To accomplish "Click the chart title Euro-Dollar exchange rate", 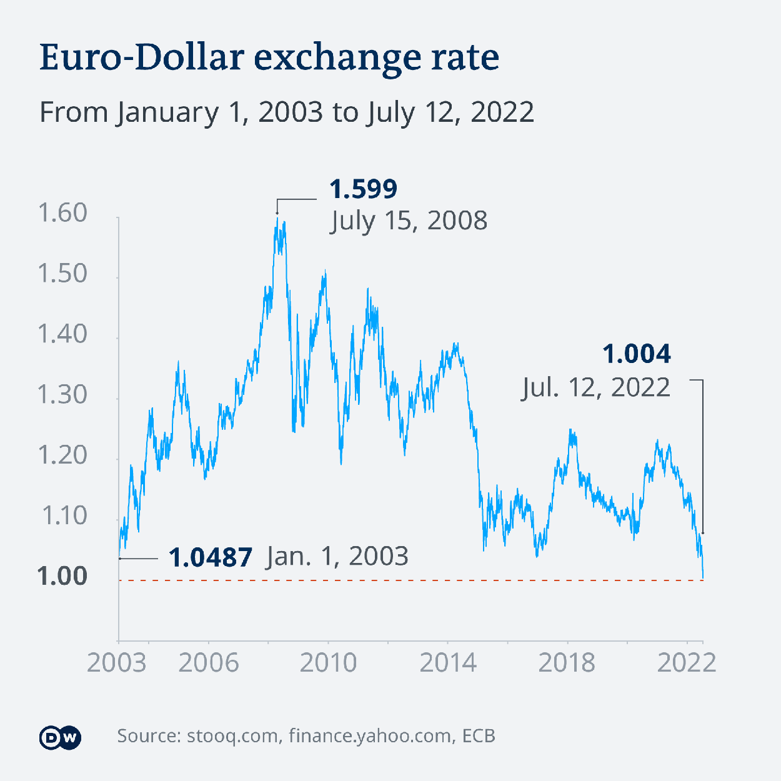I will click(269, 58).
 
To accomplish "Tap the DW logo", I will click(60, 738).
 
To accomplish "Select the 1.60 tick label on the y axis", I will click(62, 213).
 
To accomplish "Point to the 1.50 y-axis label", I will click(62, 274).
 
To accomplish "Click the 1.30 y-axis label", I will click(62, 395).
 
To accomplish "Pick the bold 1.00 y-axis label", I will click(62, 576).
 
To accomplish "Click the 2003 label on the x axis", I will click(117, 663).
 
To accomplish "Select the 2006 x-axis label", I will click(208, 663).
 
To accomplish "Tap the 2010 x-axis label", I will click(328, 663).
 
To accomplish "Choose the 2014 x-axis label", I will click(448, 663).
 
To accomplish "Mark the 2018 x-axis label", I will click(567, 663).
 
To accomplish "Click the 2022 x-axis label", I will click(686, 663).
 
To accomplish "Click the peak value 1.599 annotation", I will click(363, 189).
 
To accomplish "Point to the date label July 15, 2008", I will click(409, 221).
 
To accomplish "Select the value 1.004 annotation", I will click(637, 354).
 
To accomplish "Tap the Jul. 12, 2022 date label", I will click(596, 387).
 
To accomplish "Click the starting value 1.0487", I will click(211, 557).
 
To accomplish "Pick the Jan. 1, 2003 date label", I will click(337, 556).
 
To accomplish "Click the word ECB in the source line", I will click(479, 736).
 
